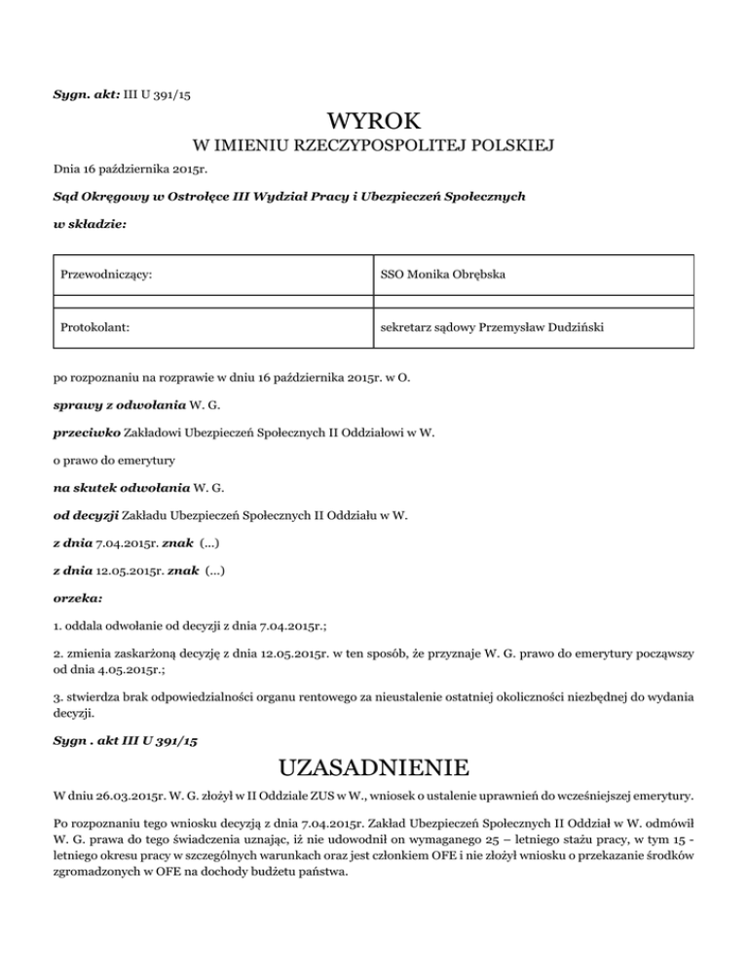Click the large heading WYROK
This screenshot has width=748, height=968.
[x=374, y=122]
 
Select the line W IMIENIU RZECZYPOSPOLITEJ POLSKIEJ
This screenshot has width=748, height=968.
[x=374, y=147]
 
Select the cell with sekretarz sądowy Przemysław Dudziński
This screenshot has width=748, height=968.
[x=492, y=328]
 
